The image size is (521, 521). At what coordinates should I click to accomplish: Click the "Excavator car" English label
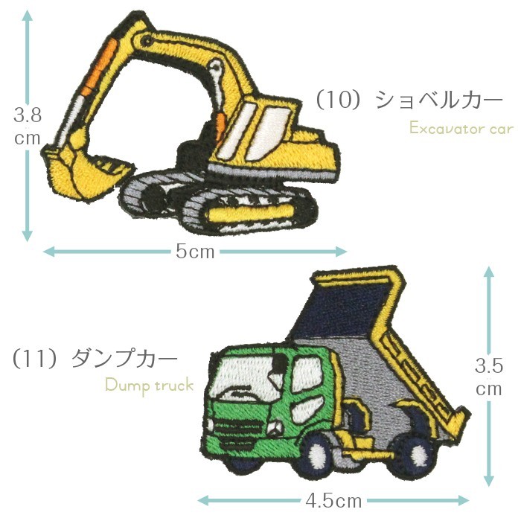(461, 129)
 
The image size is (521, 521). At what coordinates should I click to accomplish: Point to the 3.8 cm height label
(27, 127)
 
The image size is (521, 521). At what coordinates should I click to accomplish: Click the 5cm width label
(195, 252)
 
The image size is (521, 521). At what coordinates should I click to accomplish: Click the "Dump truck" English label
(149, 385)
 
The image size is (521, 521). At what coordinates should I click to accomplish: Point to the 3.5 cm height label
(489, 377)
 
